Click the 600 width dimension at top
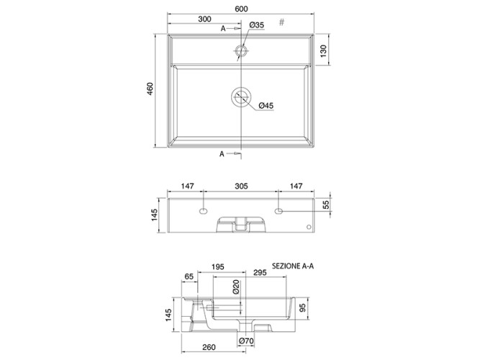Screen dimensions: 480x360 [x=241, y=9]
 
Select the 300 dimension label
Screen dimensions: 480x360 [x=204, y=19]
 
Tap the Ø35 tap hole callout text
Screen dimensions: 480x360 [x=256, y=25]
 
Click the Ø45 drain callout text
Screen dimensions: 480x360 [x=266, y=106]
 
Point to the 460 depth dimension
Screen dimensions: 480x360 [x=150, y=89]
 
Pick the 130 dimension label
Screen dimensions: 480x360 [x=323, y=51]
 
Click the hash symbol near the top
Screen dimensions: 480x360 [x=282, y=22]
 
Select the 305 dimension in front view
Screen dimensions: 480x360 [x=241, y=186]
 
